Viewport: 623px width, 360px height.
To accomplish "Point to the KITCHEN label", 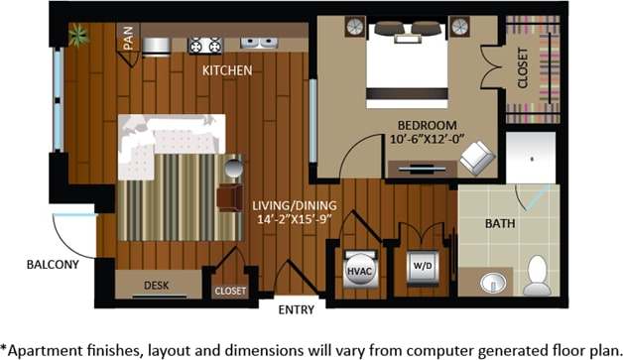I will [x=226, y=70].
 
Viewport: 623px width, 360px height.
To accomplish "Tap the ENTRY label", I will [x=298, y=309].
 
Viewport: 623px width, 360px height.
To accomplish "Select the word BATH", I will [x=500, y=224].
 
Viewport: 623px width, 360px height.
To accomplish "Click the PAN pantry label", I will [x=128, y=38].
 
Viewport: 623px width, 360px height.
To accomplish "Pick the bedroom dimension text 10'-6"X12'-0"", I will [x=427, y=139].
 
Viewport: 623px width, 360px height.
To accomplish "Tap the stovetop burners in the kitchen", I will [x=205, y=44].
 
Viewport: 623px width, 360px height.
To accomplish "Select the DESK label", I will [x=157, y=286].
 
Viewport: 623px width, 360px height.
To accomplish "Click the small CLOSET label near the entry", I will [x=231, y=292].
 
